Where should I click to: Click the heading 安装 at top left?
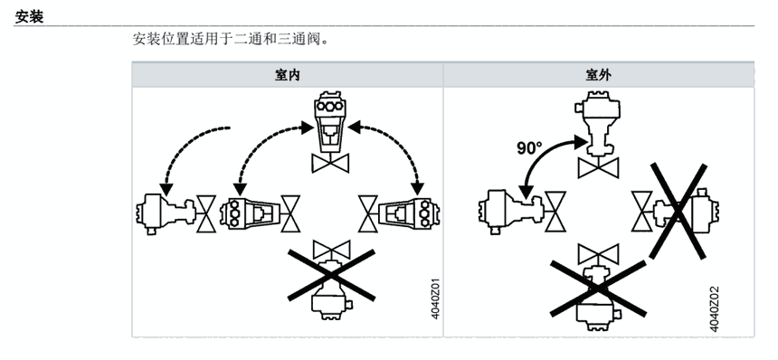click(29, 16)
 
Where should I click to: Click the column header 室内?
click(288, 75)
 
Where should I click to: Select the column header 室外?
click(598, 75)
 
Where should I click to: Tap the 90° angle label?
click(529, 148)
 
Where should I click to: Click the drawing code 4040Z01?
click(435, 298)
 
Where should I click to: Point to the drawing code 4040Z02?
click(715, 309)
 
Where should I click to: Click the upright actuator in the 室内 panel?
click(330, 121)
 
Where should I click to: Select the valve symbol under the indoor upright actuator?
click(330, 163)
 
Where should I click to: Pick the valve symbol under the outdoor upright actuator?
click(598, 167)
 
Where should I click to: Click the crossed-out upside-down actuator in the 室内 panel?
click(330, 289)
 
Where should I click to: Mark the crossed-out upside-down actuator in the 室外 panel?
click(598, 297)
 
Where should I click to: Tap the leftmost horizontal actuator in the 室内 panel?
click(166, 213)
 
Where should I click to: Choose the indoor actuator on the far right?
click(409, 213)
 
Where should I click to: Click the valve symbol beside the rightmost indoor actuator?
click(368, 213)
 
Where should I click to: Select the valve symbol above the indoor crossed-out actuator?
click(331, 250)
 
